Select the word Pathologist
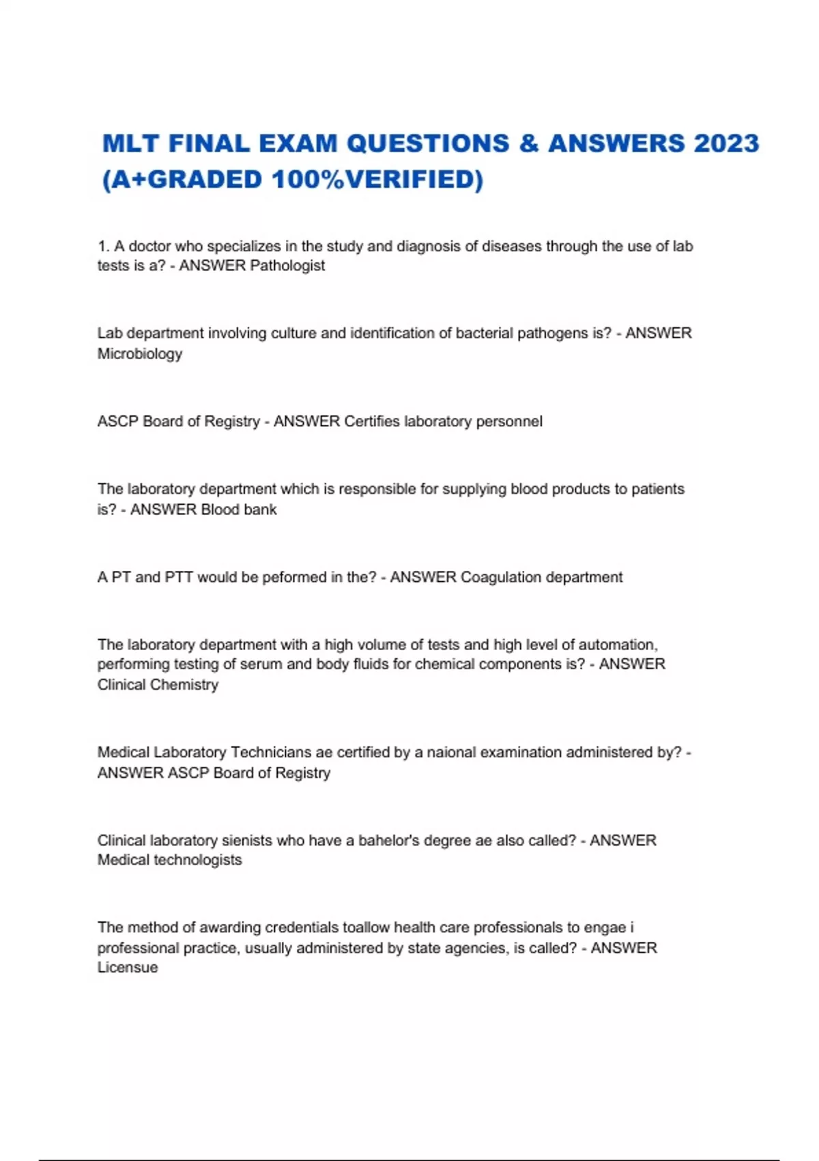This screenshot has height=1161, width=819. [287, 266]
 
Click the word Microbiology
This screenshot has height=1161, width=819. [140, 354]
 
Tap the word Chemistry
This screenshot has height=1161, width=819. [184, 684]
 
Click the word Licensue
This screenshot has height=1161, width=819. [128, 968]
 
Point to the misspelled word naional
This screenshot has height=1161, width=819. [451, 753]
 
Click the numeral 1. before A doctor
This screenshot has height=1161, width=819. [104, 247]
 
